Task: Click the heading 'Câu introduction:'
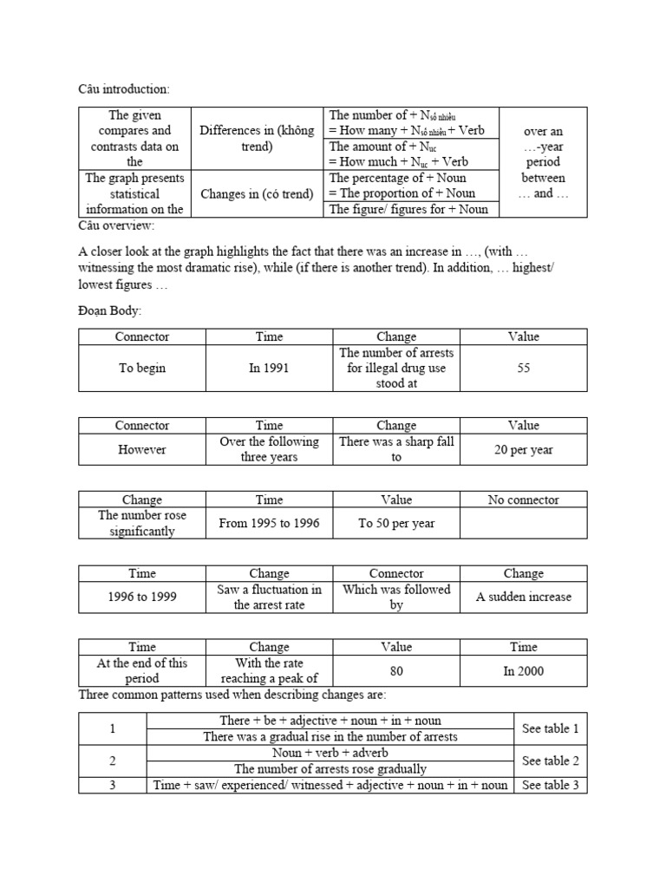(125, 89)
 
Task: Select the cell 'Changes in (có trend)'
(257, 193)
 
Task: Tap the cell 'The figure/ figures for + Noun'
(408, 208)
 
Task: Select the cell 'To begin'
(142, 368)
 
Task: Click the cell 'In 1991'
(269, 368)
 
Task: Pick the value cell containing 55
(523, 368)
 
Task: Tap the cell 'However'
(142, 449)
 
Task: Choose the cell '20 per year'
(523, 449)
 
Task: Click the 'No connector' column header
(523, 499)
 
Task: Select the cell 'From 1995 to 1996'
(269, 524)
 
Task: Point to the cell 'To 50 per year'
(396, 524)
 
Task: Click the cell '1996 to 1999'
(142, 597)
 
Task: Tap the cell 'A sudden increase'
(523, 597)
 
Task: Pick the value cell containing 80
(396, 671)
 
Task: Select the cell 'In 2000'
(523, 671)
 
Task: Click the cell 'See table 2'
(550, 761)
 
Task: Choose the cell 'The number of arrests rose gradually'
(330, 768)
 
